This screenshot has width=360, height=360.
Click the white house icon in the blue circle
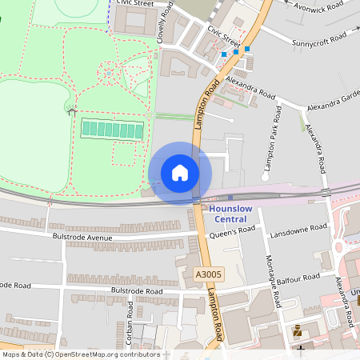[x=180, y=173]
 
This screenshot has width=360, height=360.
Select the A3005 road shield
[x=209, y=274]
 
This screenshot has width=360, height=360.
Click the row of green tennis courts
[x=112, y=128]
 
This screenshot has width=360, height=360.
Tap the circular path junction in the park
[x=108, y=75]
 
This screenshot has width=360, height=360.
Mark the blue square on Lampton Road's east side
[x=247, y=49]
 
